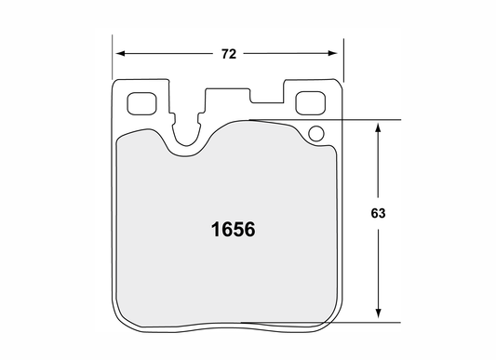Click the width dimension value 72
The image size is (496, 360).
pyautogui.click(x=229, y=54)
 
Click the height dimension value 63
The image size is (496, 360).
pyautogui.click(x=378, y=213)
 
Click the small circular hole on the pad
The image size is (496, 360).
pyautogui.click(x=315, y=134)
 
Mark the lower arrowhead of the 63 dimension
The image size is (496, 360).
pyautogui.click(x=378, y=317)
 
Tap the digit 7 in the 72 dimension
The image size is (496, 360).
pyautogui.click(x=224, y=54)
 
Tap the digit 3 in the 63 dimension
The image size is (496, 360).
pyautogui.click(x=382, y=213)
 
